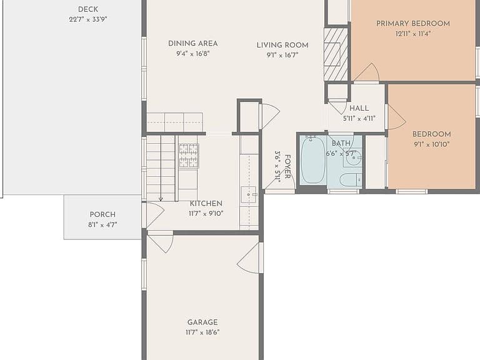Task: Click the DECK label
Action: click(x=88, y=9)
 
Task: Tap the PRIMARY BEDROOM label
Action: click(x=413, y=24)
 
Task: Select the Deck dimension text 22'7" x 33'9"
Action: click(x=88, y=19)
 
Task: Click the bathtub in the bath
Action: click(x=313, y=160)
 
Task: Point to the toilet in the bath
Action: click(x=351, y=180)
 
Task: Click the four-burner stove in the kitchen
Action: click(x=189, y=156)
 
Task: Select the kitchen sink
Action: click(x=248, y=194)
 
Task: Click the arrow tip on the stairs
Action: click(x=161, y=200)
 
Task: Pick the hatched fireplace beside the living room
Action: click(x=336, y=54)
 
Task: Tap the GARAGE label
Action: click(x=202, y=322)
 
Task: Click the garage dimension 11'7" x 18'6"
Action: click(x=202, y=332)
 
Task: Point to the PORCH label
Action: click(x=102, y=214)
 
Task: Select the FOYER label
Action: click(x=287, y=166)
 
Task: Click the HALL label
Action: click(x=359, y=108)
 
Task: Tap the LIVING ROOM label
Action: click(x=282, y=45)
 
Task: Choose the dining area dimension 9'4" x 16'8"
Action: click(x=193, y=54)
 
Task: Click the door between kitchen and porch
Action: click(x=154, y=214)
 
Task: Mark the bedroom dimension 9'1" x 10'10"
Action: click(x=432, y=144)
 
